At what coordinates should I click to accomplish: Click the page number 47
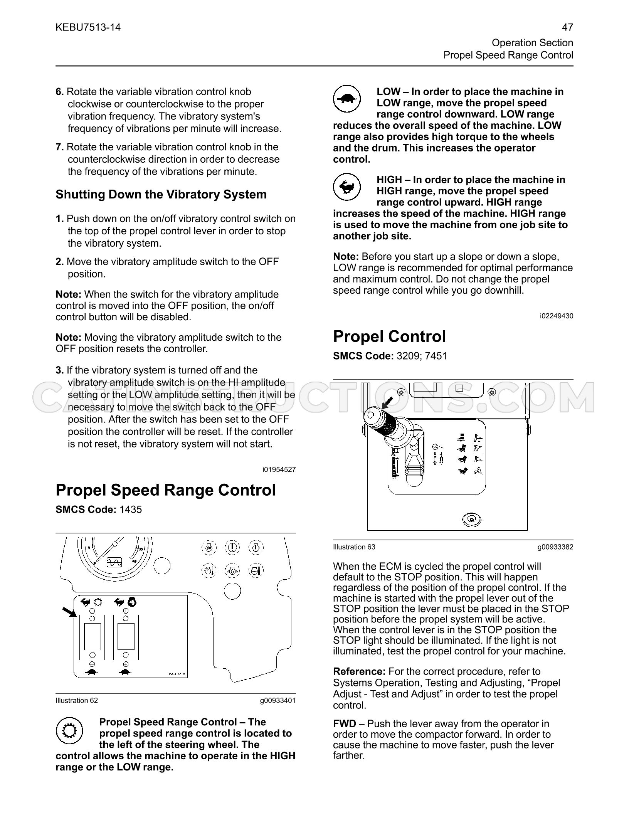click(567, 27)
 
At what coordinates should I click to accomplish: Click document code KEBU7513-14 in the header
click(88, 27)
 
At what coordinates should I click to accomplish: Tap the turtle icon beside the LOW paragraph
click(347, 99)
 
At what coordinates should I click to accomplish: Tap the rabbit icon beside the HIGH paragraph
click(347, 187)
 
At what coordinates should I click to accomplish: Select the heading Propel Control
click(389, 336)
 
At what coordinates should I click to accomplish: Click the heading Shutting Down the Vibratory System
click(161, 194)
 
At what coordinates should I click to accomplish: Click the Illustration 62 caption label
click(77, 700)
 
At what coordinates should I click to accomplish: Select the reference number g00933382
click(555, 547)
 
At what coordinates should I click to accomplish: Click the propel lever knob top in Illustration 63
click(371, 415)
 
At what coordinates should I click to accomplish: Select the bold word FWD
click(344, 724)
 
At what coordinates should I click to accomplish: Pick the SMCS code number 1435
click(131, 510)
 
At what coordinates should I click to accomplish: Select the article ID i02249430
click(557, 316)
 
